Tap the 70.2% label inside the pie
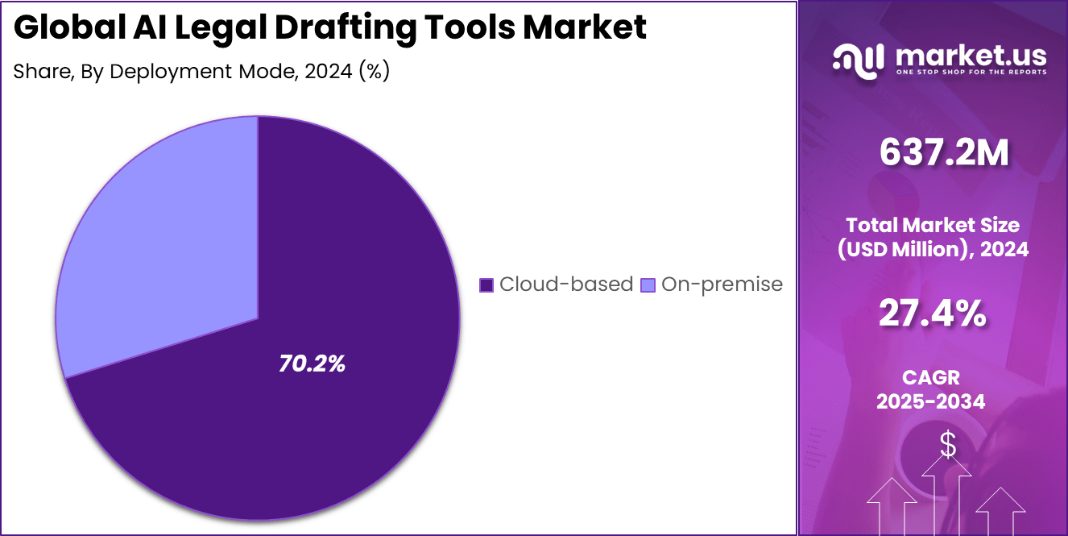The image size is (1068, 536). pyautogui.click(x=312, y=364)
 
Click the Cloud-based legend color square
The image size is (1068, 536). pyautogui.click(x=486, y=285)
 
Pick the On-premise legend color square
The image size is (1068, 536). pyautogui.click(x=648, y=285)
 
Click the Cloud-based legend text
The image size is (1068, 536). pyautogui.click(x=565, y=285)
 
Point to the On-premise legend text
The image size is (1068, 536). pyautogui.click(x=722, y=285)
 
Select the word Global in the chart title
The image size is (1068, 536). pyautogui.click(x=63, y=28)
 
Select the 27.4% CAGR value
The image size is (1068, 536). pyautogui.click(x=933, y=314)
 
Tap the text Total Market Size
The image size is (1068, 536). pyautogui.click(x=933, y=225)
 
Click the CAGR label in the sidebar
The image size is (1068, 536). pyautogui.click(x=933, y=377)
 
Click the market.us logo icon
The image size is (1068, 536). pyautogui.click(x=858, y=60)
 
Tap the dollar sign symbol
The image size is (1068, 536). pyautogui.click(x=948, y=445)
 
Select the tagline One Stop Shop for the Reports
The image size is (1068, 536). pyautogui.click(x=971, y=73)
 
